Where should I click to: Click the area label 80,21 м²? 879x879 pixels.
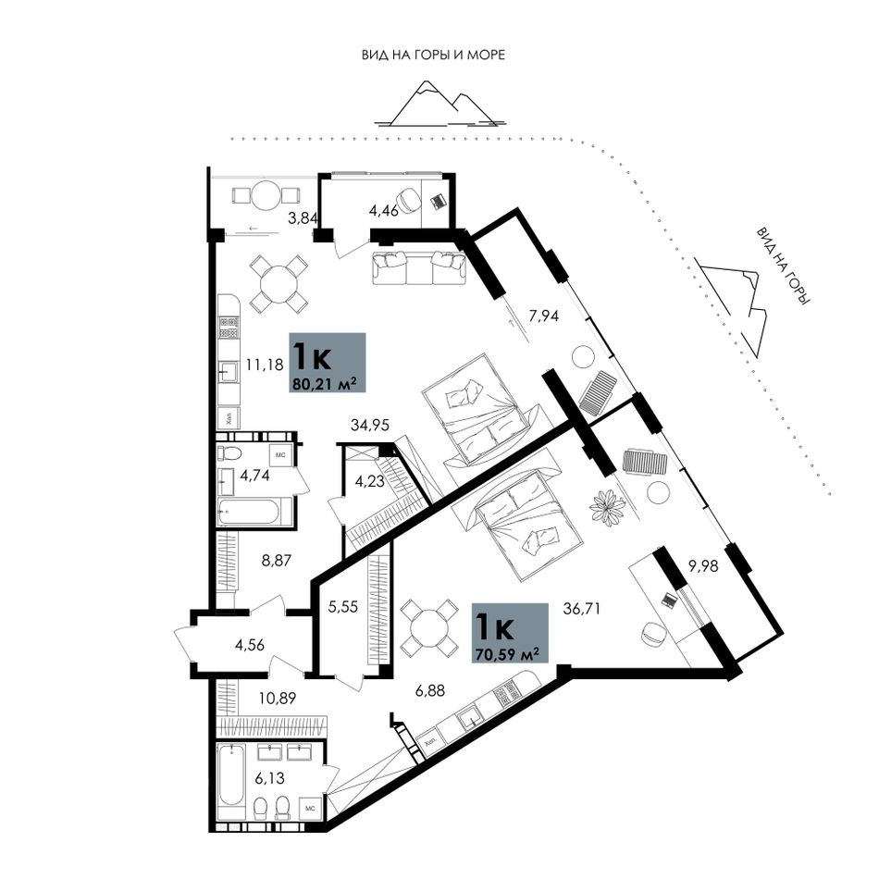pos(325,384)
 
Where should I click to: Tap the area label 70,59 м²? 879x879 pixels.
pos(507,654)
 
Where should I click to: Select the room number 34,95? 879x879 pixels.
pos(370,425)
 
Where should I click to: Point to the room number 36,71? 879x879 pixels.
pos(581,608)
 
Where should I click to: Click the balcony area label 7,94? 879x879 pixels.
pos(544,316)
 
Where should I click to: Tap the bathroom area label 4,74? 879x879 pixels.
pos(255,476)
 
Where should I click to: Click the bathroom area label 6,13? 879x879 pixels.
pos(269,777)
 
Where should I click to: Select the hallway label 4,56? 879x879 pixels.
pos(250,645)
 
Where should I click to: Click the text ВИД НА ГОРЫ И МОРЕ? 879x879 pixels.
pos(433,55)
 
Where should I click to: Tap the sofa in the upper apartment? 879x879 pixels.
pos(419,267)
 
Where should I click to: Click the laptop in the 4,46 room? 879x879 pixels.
pos(437,200)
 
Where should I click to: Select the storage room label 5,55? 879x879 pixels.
pos(342,607)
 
